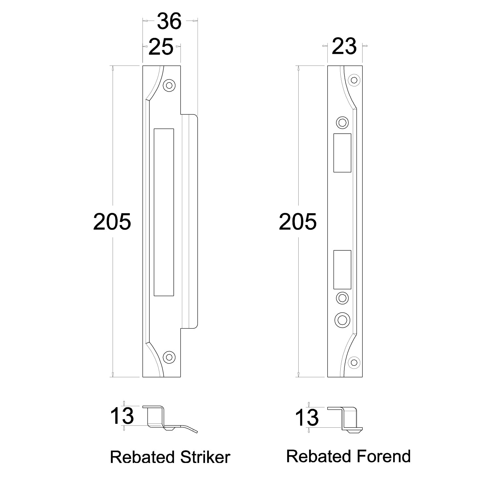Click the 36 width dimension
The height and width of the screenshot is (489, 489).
(x=169, y=22)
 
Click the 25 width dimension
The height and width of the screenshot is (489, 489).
(x=161, y=47)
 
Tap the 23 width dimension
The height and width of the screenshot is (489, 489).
(x=344, y=46)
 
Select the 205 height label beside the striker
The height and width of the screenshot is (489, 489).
(x=112, y=222)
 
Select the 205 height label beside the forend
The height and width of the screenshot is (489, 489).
(x=298, y=222)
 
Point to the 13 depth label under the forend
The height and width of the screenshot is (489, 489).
(x=307, y=418)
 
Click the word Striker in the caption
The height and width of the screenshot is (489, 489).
(x=200, y=457)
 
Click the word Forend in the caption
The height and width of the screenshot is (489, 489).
(x=383, y=456)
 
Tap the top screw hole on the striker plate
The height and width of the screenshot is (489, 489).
(x=169, y=85)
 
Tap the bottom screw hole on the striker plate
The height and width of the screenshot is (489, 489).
(x=169, y=357)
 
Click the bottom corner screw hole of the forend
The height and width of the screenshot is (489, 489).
(x=353, y=362)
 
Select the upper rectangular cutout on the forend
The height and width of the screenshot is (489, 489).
(x=342, y=153)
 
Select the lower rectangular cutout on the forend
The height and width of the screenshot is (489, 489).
(x=342, y=270)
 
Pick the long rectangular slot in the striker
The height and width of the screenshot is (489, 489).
(x=164, y=212)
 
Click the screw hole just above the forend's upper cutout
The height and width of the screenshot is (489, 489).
(x=342, y=123)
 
